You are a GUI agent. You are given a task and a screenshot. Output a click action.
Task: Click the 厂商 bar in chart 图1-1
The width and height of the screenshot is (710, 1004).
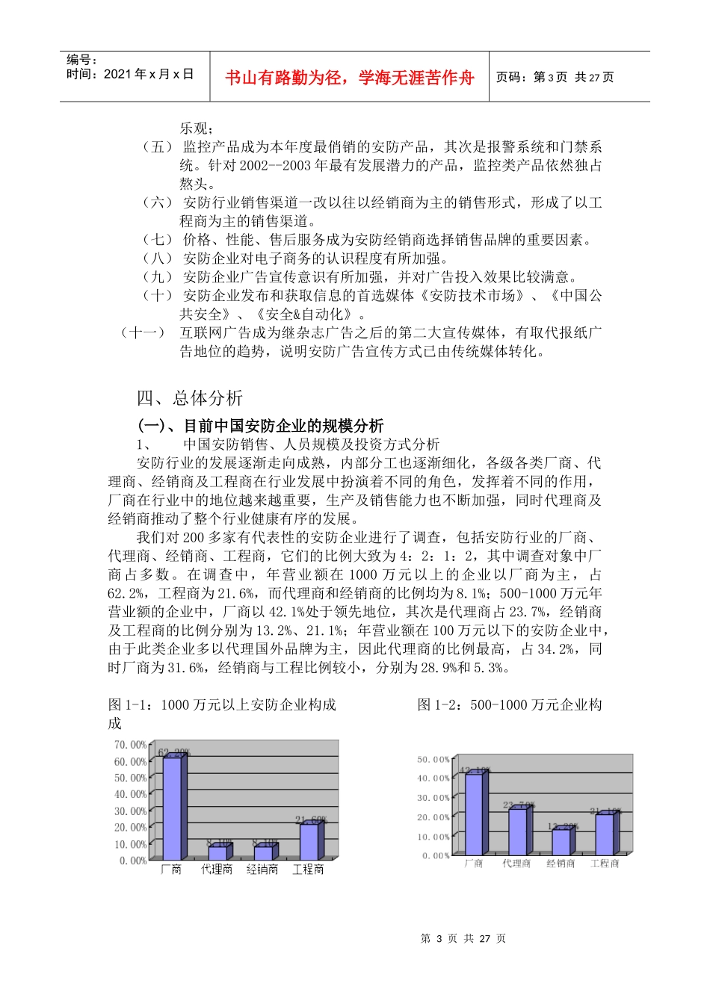(x=173, y=808)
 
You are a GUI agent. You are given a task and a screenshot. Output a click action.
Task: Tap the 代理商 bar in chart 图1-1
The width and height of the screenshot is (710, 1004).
(x=217, y=852)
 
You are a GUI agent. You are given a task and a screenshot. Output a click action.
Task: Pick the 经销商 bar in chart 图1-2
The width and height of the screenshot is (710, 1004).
(x=561, y=842)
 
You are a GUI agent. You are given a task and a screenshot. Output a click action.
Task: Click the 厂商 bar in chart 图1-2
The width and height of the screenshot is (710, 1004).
(x=474, y=814)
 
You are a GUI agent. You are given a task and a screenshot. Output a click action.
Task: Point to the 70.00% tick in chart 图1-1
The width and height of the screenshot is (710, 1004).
(x=130, y=745)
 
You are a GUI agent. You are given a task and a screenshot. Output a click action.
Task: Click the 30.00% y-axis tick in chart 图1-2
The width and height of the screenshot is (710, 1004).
(x=433, y=798)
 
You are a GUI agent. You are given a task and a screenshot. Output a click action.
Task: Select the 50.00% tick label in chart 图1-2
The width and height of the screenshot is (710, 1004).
(x=433, y=760)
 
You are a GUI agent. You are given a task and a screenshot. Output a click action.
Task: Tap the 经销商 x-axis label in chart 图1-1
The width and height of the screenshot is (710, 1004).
(x=262, y=870)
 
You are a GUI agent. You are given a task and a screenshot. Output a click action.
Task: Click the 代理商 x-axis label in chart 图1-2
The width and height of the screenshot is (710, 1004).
(x=516, y=864)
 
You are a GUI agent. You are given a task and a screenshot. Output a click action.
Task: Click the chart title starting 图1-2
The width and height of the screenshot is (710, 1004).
(x=510, y=704)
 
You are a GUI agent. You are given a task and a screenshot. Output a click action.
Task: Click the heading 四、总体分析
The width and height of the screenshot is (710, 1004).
(x=190, y=398)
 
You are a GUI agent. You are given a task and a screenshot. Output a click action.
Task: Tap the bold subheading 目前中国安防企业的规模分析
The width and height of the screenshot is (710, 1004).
(x=261, y=426)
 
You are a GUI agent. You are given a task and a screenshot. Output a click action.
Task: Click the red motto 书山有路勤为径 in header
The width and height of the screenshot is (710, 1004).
(x=350, y=78)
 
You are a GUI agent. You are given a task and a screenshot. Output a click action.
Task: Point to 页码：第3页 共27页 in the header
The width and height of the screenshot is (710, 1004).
(x=555, y=78)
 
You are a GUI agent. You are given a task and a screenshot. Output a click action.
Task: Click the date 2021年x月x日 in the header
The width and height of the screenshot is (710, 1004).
(x=130, y=74)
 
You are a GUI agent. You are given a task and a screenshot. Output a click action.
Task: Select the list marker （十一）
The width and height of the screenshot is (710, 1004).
(x=142, y=332)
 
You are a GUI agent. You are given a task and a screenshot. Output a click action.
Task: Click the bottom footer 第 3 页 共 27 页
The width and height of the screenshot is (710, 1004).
(x=463, y=938)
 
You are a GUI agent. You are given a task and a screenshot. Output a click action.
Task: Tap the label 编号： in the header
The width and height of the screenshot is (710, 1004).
(x=81, y=60)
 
